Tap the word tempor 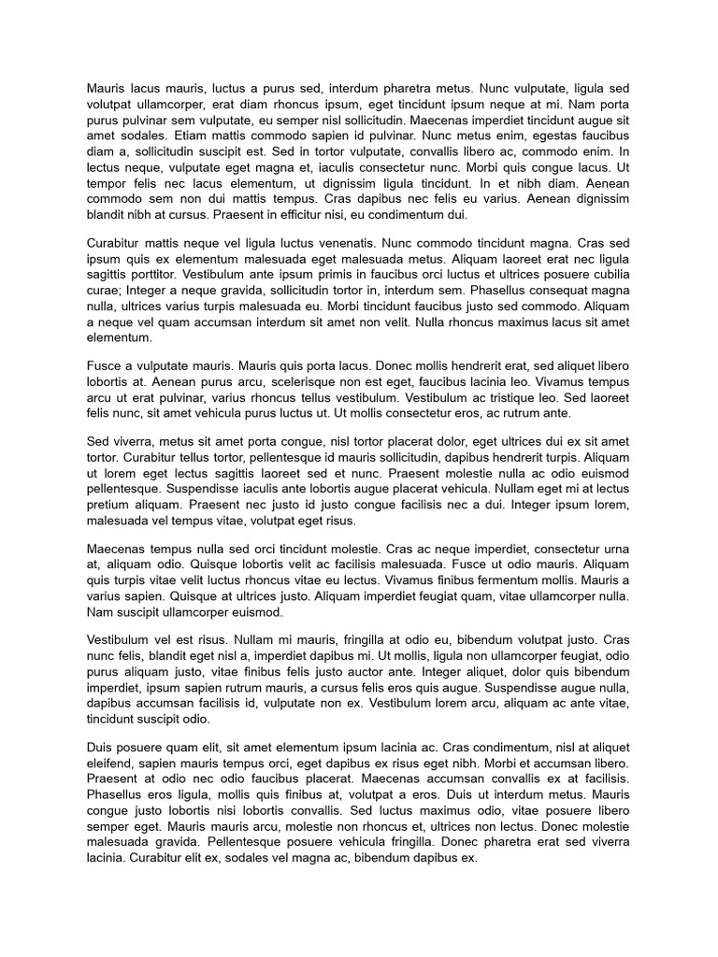pos(106,184)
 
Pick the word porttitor pos(151,274)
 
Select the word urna pos(613,548)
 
